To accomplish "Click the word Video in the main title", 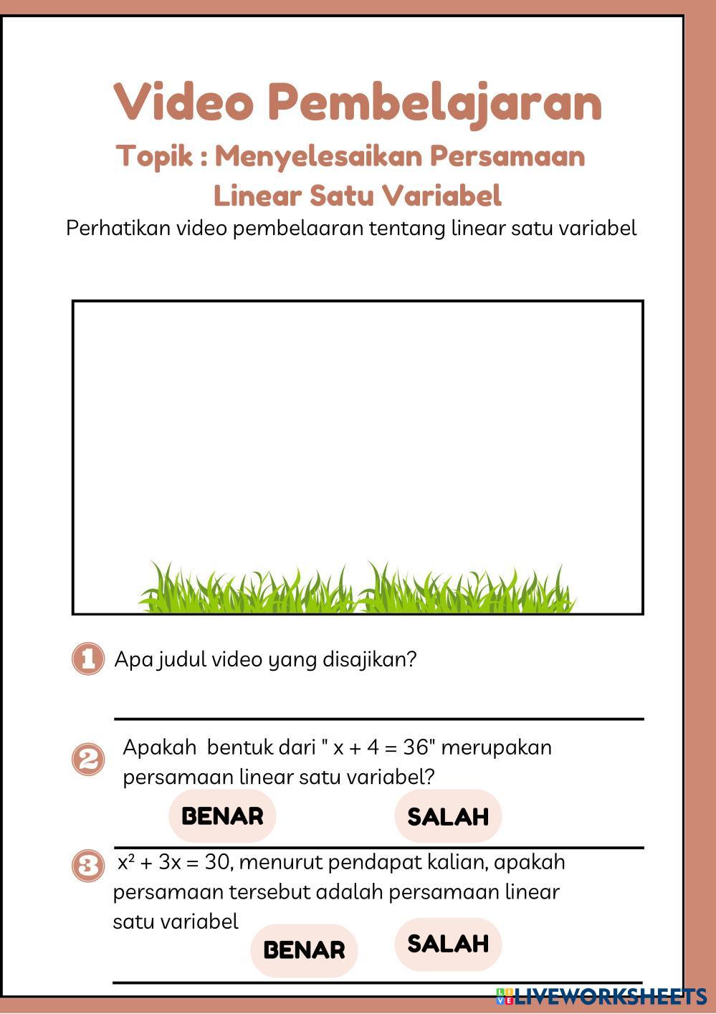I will pyautogui.click(x=183, y=102).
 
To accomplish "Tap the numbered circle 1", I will pyautogui.click(x=87, y=659).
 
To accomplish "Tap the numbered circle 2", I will pyautogui.click(x=87, y=759).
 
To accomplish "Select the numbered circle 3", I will pyautogui.click(x=87, y=866).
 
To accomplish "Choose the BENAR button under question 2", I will pyautogui.click(x=222, y=815).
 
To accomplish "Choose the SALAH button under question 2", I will pyautogui.click(x=448, y=816).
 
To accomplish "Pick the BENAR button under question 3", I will pyautogui.click(x=304, y=950).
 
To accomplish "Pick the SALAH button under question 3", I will pyautogui.click(x=448, y=944).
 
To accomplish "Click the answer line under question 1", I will pyautogui.click(x=378, y=717).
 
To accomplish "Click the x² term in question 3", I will pyautogui.click(x=126, y=862).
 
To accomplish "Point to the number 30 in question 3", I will pyautogui.click(x=217, y=862).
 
